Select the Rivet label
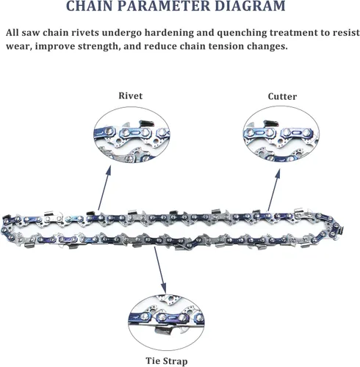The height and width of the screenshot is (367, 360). [130, 95]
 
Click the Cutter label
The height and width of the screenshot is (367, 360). [282, 96]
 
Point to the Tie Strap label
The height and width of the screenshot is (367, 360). [167, 361]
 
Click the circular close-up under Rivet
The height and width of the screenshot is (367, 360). [132, 136]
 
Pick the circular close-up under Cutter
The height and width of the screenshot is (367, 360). [281, 135]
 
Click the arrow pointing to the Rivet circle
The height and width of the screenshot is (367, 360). [104, 188]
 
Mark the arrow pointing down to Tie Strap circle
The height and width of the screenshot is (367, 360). [160, 269]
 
